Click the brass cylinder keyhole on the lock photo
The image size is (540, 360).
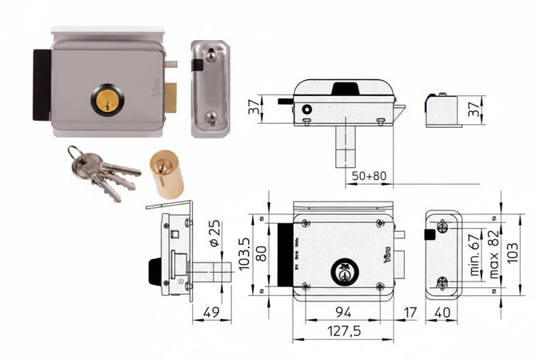pos(106,102)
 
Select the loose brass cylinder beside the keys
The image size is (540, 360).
pos(166,174)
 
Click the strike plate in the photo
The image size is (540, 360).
pos(209,88)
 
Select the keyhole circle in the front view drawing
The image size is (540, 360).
pos(344,270)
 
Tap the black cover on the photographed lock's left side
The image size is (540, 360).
pos(41,85)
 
